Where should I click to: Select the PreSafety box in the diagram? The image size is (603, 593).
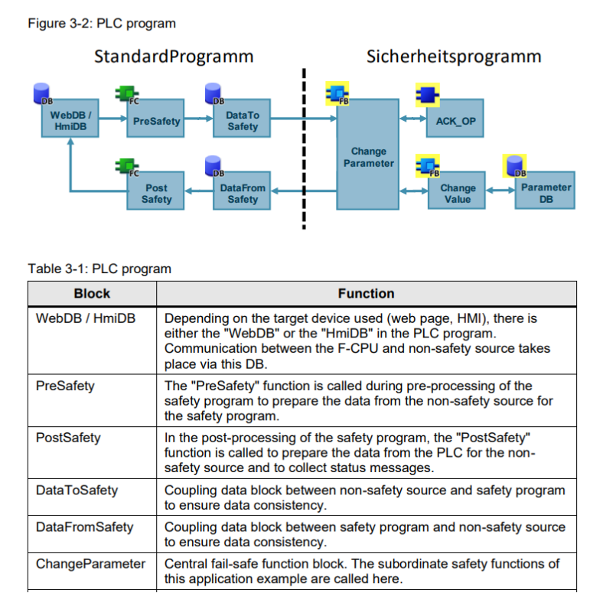pyautogui.click(x=156, y=121)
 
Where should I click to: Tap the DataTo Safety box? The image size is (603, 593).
pyautogui.click(x=243, y=121)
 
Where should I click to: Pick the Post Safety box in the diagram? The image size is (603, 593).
pyautogui.click(x=156, y=194)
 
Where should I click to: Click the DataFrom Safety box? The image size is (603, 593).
pyautogui.click(x=243, y=194)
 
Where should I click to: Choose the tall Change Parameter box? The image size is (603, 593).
pyautogui.click(x=368, y=157)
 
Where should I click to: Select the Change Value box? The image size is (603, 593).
pyautogui.click(x=458, y=194)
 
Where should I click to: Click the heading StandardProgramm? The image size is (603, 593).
pyautogui.click(x=174, y=57)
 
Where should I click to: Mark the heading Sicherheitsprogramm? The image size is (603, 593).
pyautogui.click(x=454, y=57)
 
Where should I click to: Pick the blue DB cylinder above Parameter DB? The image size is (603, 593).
pyautogui.click(x=513, y=166)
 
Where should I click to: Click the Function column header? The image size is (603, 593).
pyautogui.click(x=366, y=294)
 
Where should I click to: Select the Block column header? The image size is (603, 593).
pyautogui.click(x=92, y=294)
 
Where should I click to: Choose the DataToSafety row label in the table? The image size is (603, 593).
pyautogui.click(x=77, y=490)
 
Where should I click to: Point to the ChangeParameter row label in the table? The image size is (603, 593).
pyautogui.click(x=90, y=564)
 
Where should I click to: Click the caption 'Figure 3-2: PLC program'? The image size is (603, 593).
pyautogui.click(x=102, y=24)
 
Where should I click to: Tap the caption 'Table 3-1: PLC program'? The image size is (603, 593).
pyautogui.click(x=99, y=269)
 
